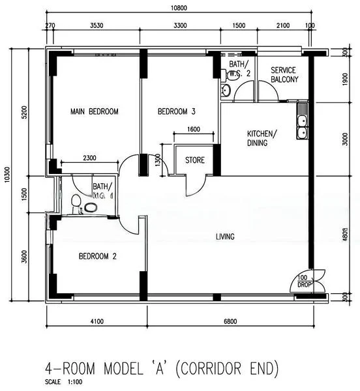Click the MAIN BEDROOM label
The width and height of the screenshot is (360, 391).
click(94, 112)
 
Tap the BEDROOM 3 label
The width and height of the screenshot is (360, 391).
click(177, 112)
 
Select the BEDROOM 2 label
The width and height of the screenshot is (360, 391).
click(97, 256)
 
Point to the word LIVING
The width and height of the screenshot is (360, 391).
click(226, 237)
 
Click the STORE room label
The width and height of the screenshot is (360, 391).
click(194, 160)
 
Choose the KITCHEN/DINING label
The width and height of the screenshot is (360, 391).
click(261, 138)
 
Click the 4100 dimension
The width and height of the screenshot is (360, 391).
click(97, 321)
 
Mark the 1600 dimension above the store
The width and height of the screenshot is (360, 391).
click(194, 129)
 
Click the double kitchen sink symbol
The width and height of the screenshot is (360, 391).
click(302, 126)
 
